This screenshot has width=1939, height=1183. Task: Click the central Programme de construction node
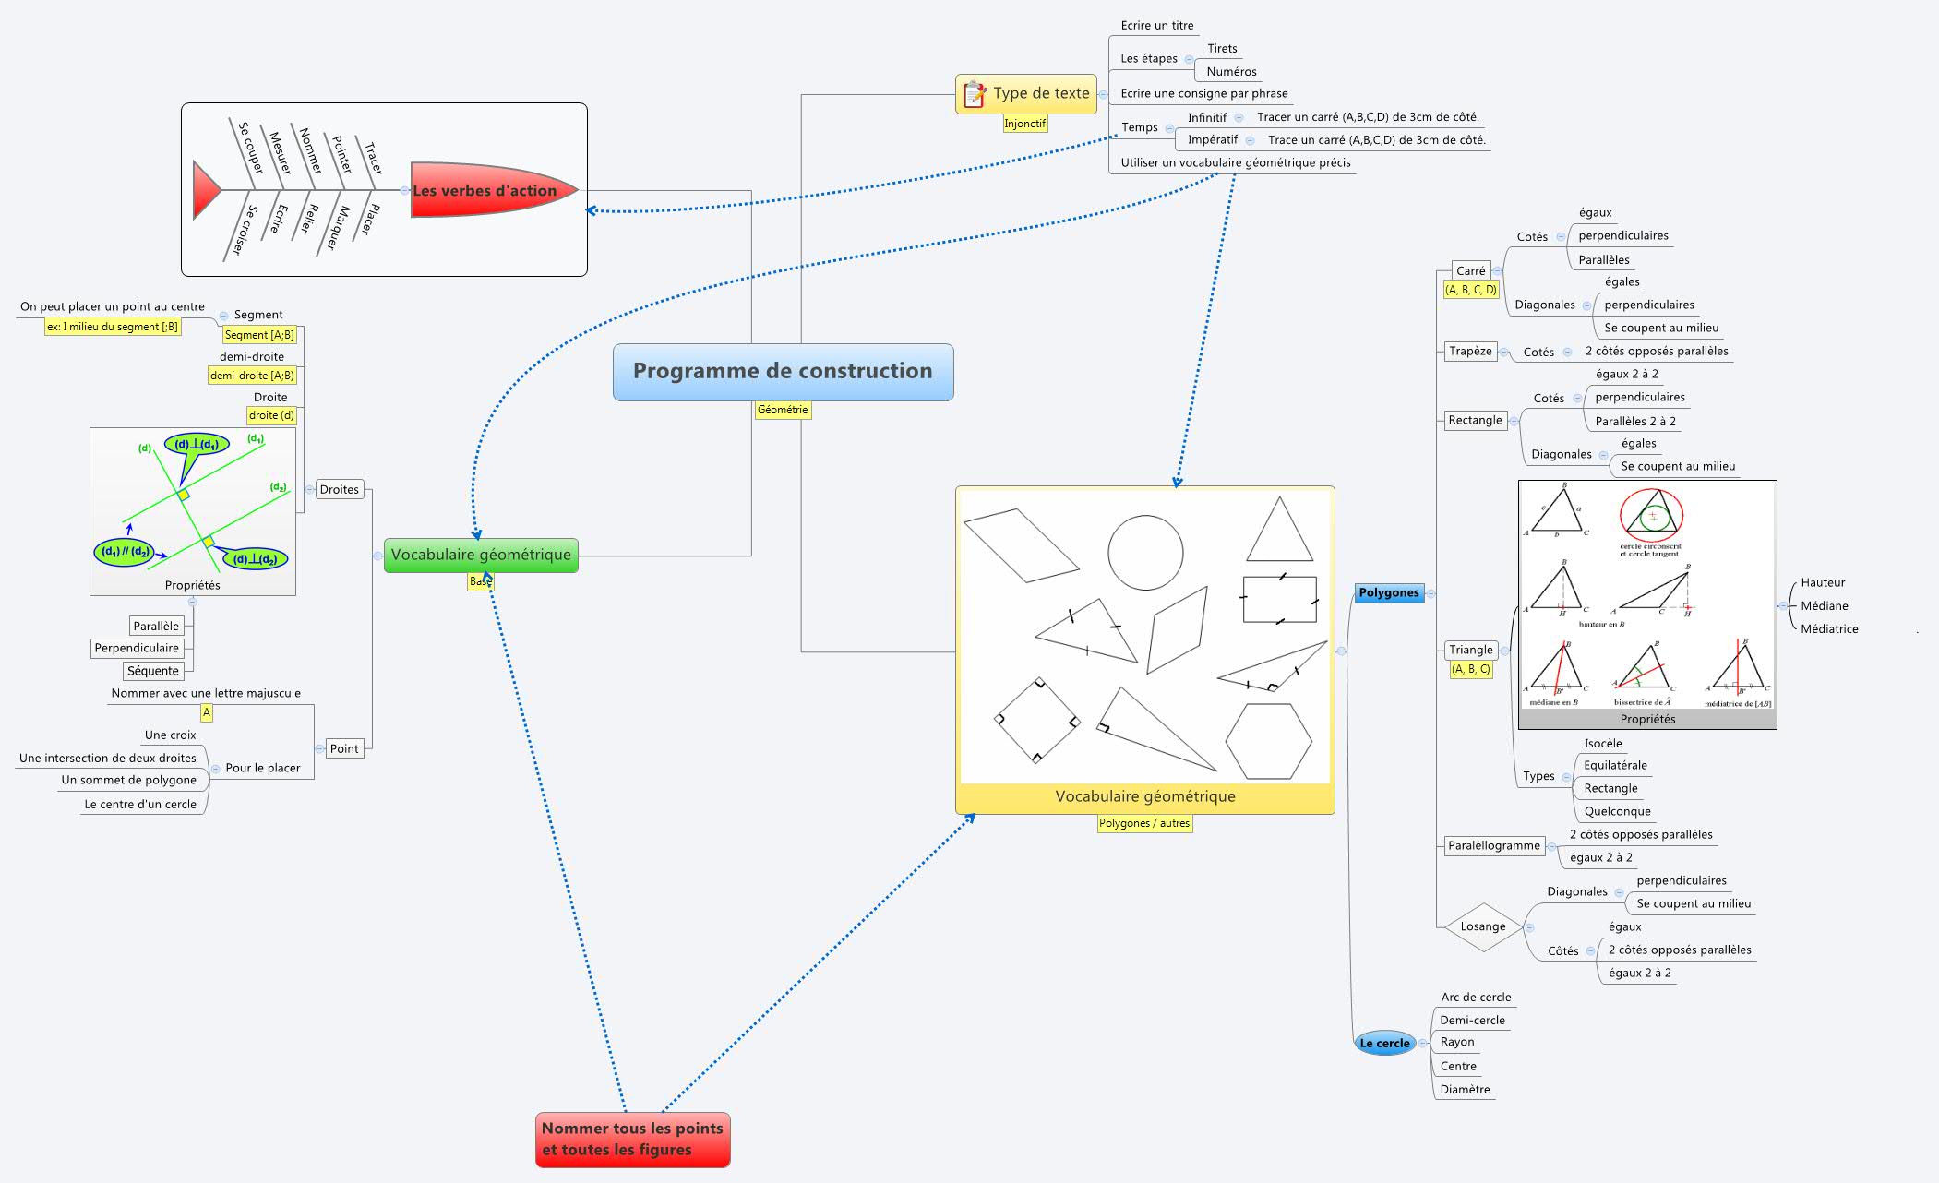point(783,372)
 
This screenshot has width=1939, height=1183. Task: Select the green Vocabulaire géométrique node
point(481,556)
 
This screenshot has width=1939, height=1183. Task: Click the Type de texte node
point(1026,94)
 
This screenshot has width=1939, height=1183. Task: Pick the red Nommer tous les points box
point(632,1140)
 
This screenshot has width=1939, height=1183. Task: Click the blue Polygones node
point(1388,593)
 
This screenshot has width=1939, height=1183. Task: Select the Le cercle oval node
point(1384,1044)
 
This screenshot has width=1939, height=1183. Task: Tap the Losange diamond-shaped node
point(1482,926)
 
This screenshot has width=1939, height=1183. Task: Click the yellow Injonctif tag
point(1024,124)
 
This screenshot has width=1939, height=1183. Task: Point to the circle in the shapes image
point(1145,552)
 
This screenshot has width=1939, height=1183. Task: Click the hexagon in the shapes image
point(1268,741)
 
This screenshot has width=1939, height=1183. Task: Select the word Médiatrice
point(1829,629)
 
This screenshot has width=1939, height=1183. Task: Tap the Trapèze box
point(1469,352)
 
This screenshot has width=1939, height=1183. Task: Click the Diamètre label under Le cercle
point(1465,1090)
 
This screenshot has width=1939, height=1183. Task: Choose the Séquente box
point(153,671)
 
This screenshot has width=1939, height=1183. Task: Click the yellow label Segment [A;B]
point(259,335)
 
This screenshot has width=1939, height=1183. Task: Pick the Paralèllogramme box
point(1493,845)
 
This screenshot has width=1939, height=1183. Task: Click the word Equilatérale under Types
point(1614,766)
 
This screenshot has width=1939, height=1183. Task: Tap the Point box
point(344,749)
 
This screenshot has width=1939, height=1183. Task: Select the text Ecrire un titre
point(1156,26)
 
